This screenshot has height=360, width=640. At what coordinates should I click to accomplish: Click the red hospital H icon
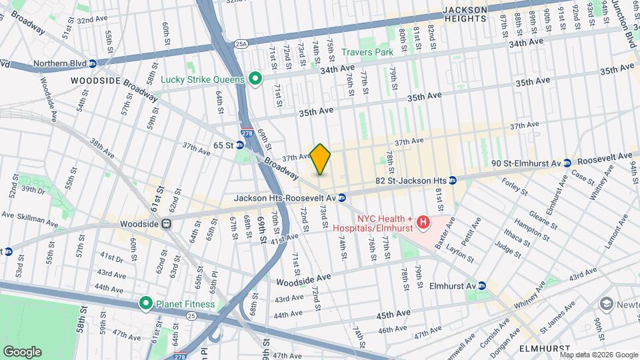click(x=422, y=221)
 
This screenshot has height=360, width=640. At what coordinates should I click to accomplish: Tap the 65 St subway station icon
click(x=239, y=145)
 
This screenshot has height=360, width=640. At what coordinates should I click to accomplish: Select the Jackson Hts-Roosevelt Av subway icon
click(x=341, y=198)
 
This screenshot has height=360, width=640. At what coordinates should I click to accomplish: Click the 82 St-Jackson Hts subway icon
click(x=451, y=180)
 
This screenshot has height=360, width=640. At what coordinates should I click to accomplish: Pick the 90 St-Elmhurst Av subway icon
click(x=567, y=163)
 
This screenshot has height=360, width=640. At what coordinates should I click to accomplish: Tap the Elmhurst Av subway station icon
click(x=482, y=285)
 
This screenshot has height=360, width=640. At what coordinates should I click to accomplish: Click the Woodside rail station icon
click(x=169, y=225)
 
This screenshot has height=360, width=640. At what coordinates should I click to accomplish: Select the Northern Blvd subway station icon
click(x=93, y=64)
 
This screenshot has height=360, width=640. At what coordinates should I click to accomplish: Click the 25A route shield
click(x=240, y=44)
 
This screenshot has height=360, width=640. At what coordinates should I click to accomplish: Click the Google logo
click(x=21, y=351)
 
